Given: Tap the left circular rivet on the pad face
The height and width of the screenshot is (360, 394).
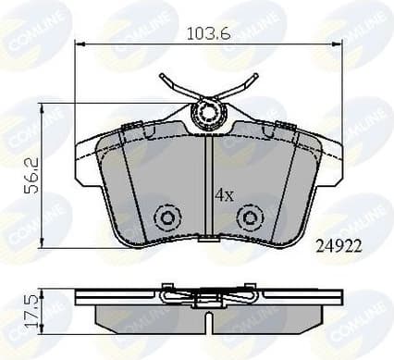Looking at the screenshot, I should point(168,217).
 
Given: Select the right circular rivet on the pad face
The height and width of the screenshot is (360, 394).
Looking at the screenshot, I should point(250,217).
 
